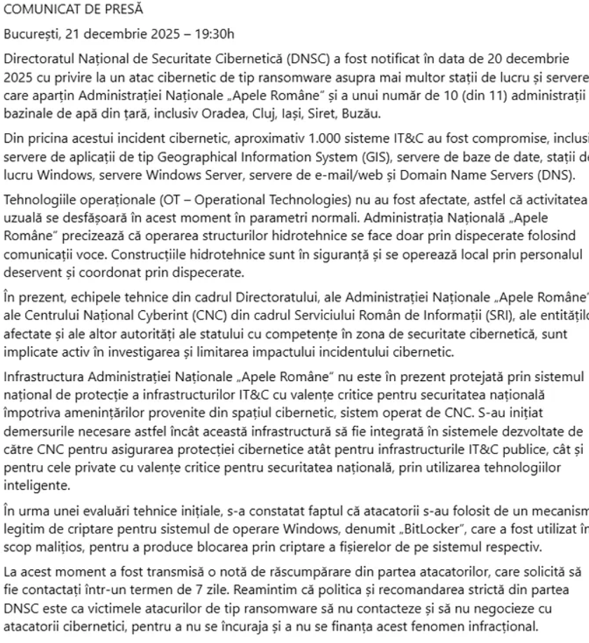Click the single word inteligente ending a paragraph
tap(32, 485)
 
